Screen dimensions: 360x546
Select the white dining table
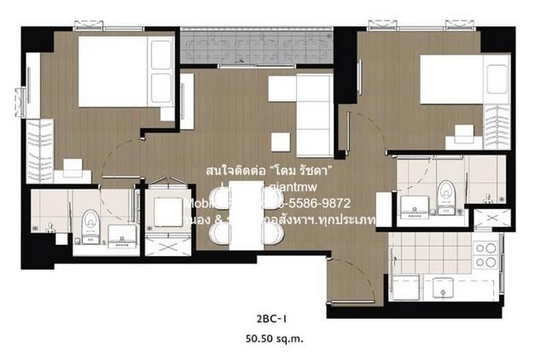245,218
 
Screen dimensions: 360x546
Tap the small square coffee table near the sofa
280,142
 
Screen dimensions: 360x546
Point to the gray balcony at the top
257,47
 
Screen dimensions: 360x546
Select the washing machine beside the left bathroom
164,210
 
